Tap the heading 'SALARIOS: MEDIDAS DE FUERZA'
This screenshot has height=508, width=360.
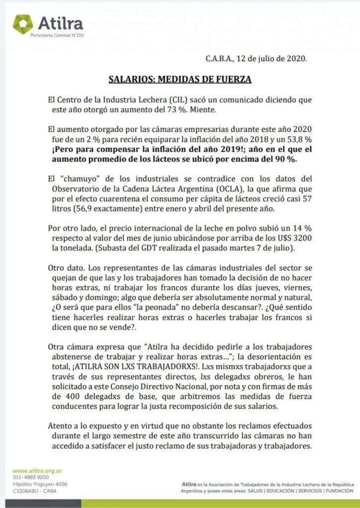180,79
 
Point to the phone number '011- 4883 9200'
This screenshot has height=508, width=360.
31,477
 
